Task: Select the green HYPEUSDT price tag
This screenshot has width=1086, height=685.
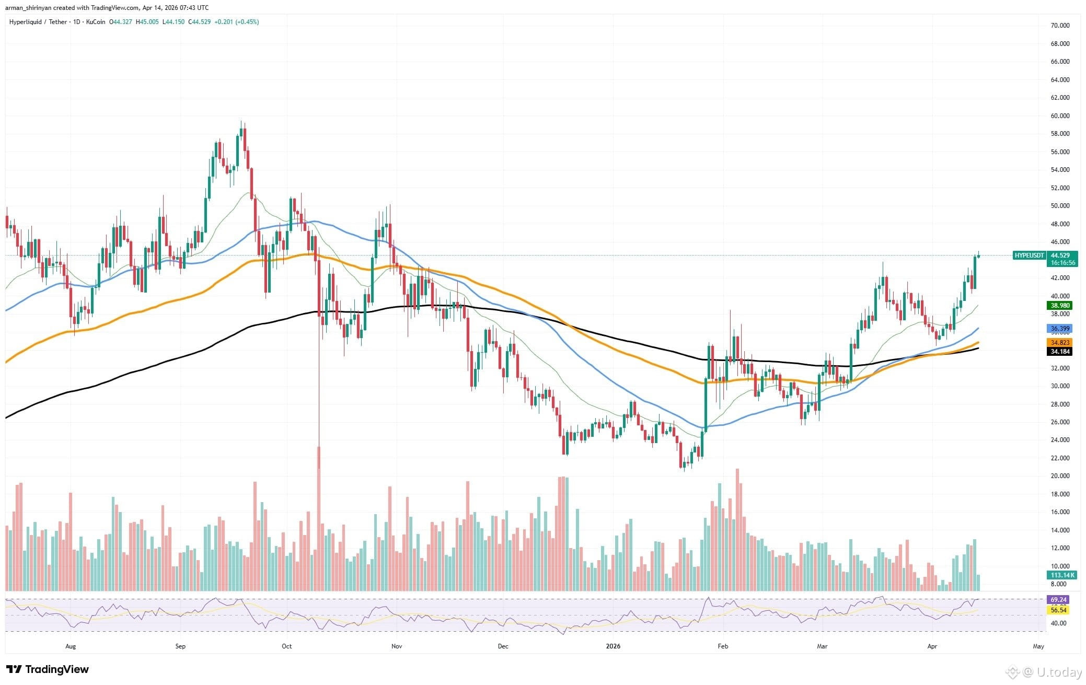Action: click(x=1029, y=256)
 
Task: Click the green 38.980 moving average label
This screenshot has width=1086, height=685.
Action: click(x=1060, y=306)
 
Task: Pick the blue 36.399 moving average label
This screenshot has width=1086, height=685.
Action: click(x=1060, y=329)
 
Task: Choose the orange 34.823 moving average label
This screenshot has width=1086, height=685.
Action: click(x=1060, y=342)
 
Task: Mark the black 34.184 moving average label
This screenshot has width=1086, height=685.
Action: click(x=1060, y=352)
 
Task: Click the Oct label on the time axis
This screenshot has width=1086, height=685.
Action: click(x=286, y=646)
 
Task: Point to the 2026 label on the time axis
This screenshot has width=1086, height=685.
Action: click(x=613, y=646)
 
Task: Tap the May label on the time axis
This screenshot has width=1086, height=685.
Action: click(x=1038, y=646)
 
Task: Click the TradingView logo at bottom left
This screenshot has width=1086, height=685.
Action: click(x=48, y=669)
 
